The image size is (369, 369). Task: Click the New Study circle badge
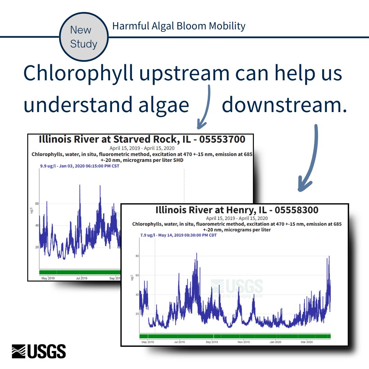(x=84, y=37)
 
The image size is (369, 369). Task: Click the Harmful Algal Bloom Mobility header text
(x=179, y=26)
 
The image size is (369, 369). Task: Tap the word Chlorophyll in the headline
(x=78, y=73)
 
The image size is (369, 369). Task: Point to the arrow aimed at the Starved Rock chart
(x=205, y=109)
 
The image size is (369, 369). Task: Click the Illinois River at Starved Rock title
(x=142, y=139)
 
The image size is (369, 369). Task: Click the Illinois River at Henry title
(x=237, y=210)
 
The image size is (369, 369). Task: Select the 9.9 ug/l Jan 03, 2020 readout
(x=80, y=166)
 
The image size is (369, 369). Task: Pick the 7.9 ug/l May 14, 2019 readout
(x=178, y=235)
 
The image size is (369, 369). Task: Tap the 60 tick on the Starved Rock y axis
(x=37, y=204)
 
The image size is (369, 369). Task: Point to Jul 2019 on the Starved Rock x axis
(x=81, y=278)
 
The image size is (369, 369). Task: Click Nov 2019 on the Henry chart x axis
(x=244, y=342)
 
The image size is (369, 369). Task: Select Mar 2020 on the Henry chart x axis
(x=306, y=342)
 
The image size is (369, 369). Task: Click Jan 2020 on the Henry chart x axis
(x=275, y=342)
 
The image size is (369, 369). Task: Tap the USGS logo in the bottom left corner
(x=39, y=351)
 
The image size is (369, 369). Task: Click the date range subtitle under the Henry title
(x=237, y=218)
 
